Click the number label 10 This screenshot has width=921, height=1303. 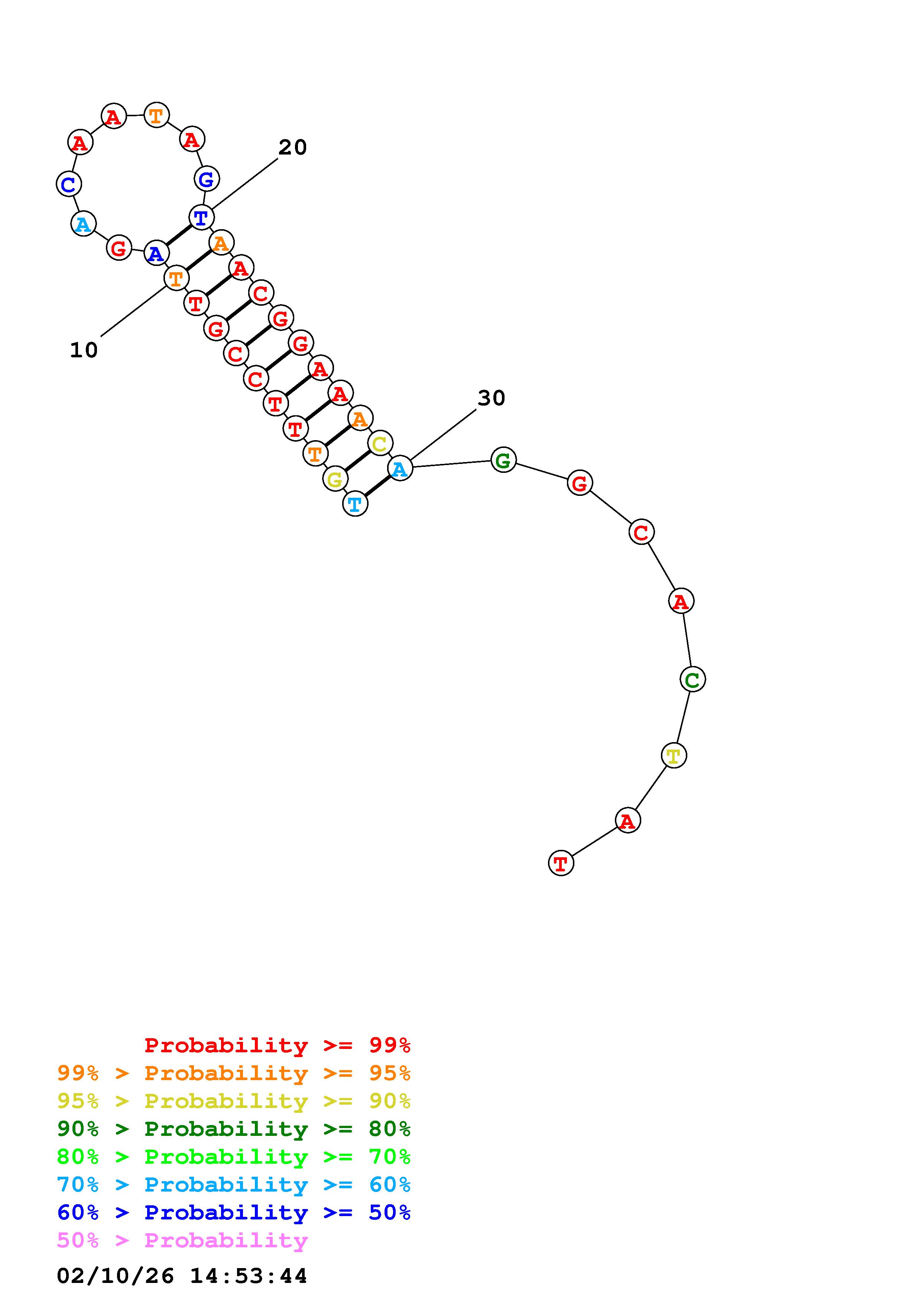(84, 350)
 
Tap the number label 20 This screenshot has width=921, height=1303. (292, 147)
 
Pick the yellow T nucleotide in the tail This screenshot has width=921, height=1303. (674, 756)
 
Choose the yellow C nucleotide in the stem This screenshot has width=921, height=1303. (380, 443)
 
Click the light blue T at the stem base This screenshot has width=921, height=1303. (355, 503)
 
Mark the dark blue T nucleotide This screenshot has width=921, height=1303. (201, 217)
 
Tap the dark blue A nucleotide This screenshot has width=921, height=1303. (156, 253)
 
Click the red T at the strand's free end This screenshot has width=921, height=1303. (561, 863)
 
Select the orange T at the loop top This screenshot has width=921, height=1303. (156, 115)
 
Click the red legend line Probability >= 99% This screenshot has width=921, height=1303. (277, 1045)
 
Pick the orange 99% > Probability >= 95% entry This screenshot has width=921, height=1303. (233, 1073)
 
